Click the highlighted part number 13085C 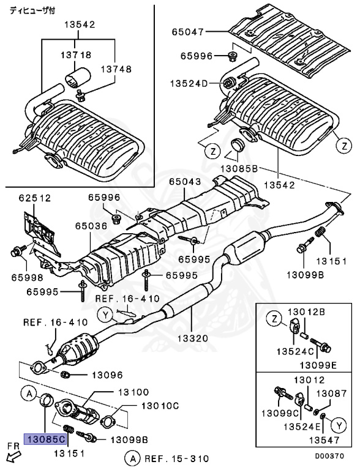click(44, 439)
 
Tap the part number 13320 click(192, 338)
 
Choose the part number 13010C click(160, 405)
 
